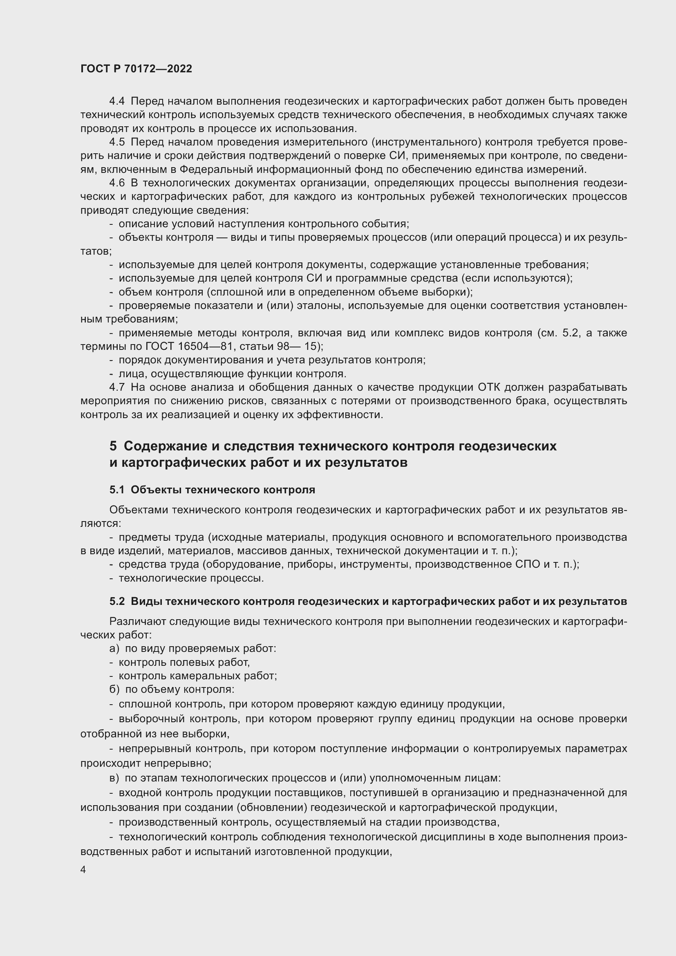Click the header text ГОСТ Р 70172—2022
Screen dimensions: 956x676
point(136,69)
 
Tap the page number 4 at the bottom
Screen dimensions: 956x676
point(83,870)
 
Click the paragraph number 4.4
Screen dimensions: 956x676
point(117,101)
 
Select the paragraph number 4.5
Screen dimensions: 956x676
point(117,142)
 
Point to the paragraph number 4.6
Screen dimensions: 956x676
point(117,183)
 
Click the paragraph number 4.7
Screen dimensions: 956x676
point(117,387)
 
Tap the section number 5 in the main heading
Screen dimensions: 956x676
point(113,446)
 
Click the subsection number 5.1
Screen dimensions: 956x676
point(117,490)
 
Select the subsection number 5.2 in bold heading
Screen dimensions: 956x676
point(117,602)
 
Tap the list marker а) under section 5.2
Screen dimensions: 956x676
point(114,649)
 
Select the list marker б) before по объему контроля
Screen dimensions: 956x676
point(114,690)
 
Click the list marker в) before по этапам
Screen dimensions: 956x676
point(114,778)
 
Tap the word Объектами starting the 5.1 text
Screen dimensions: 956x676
point(138,510)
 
